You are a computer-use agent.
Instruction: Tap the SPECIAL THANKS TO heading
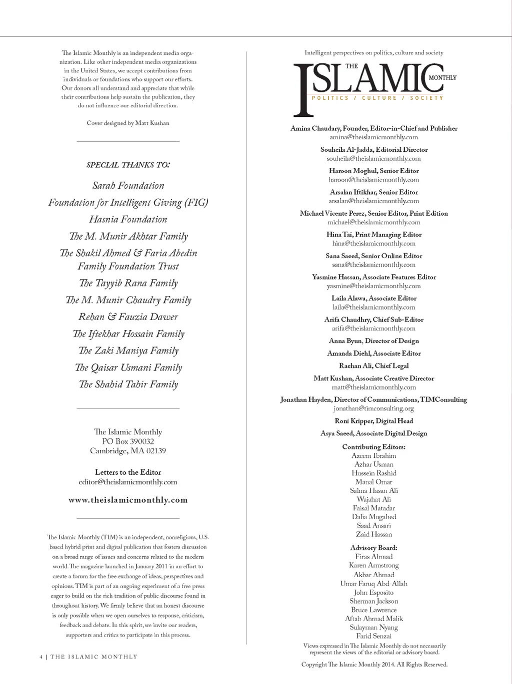(128, 165)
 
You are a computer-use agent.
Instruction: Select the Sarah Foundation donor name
(128, 186)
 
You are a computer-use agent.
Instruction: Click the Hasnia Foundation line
(128, 219)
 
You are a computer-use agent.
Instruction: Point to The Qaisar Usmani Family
(128, 368)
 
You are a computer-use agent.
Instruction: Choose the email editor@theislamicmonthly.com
(128, 482)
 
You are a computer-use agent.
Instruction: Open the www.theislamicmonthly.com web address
(128, 500)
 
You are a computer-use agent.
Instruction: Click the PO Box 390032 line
(128, 441)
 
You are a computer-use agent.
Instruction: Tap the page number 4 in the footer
(41, 657)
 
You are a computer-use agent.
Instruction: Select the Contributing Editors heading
(373, 447)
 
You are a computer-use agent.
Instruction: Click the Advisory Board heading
(373, 548)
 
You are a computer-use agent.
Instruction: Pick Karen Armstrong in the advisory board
(373, 565)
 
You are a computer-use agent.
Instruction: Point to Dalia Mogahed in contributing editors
(373, 517)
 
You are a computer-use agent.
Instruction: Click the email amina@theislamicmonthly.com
(373, 137)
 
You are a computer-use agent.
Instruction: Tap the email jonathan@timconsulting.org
(373, 408)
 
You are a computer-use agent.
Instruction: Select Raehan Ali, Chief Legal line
(373, 366)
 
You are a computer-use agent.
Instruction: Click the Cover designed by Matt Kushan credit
(128, 123)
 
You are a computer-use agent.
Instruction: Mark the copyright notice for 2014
(374, 665)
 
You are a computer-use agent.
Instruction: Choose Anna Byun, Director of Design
(373, 341)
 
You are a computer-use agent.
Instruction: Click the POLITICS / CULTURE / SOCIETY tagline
(377, 98)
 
